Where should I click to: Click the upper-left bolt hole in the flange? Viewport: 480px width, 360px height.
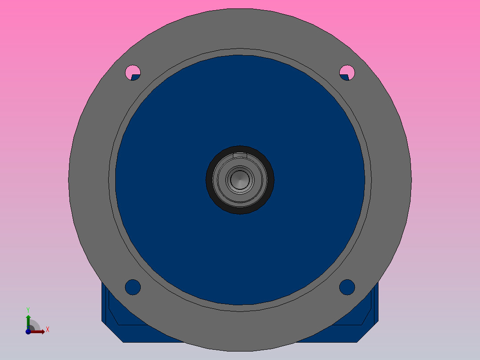click(133, 73)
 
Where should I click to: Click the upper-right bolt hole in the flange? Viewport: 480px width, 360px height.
click(347, 73)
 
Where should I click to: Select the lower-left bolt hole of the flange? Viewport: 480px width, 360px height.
click(133, 287)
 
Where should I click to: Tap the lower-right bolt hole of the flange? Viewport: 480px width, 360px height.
click(347, 287)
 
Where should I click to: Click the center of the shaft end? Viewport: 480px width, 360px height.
click(240, 180)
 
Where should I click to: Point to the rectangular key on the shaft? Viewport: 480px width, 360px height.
click(240, 155)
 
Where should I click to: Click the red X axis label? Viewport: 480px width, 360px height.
click(48, 330)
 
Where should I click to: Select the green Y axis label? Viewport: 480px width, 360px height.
click(28, 310)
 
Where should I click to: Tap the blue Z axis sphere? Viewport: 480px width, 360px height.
click(28, 331)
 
